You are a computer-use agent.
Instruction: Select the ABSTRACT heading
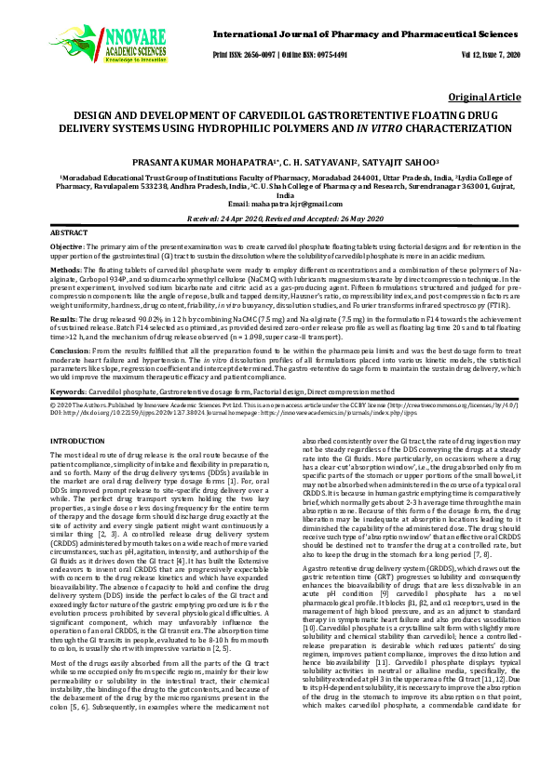click(68, 232)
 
